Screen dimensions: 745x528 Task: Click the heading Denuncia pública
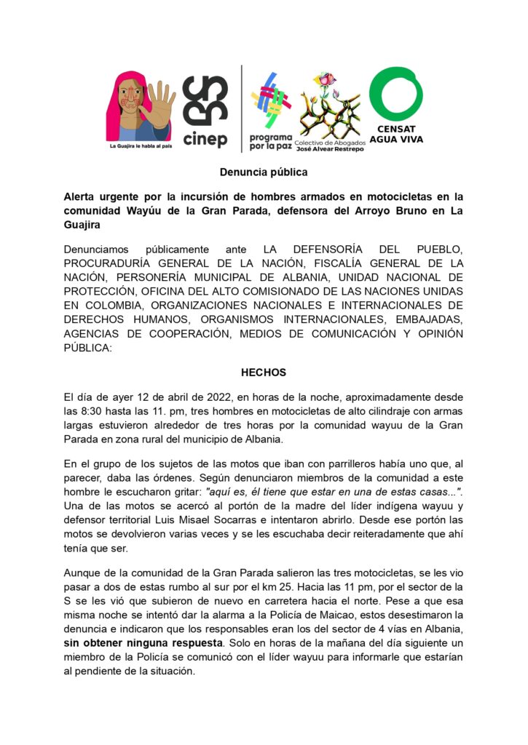(x=264, y=172)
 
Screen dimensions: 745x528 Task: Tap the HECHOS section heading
(x=264, y=372)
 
